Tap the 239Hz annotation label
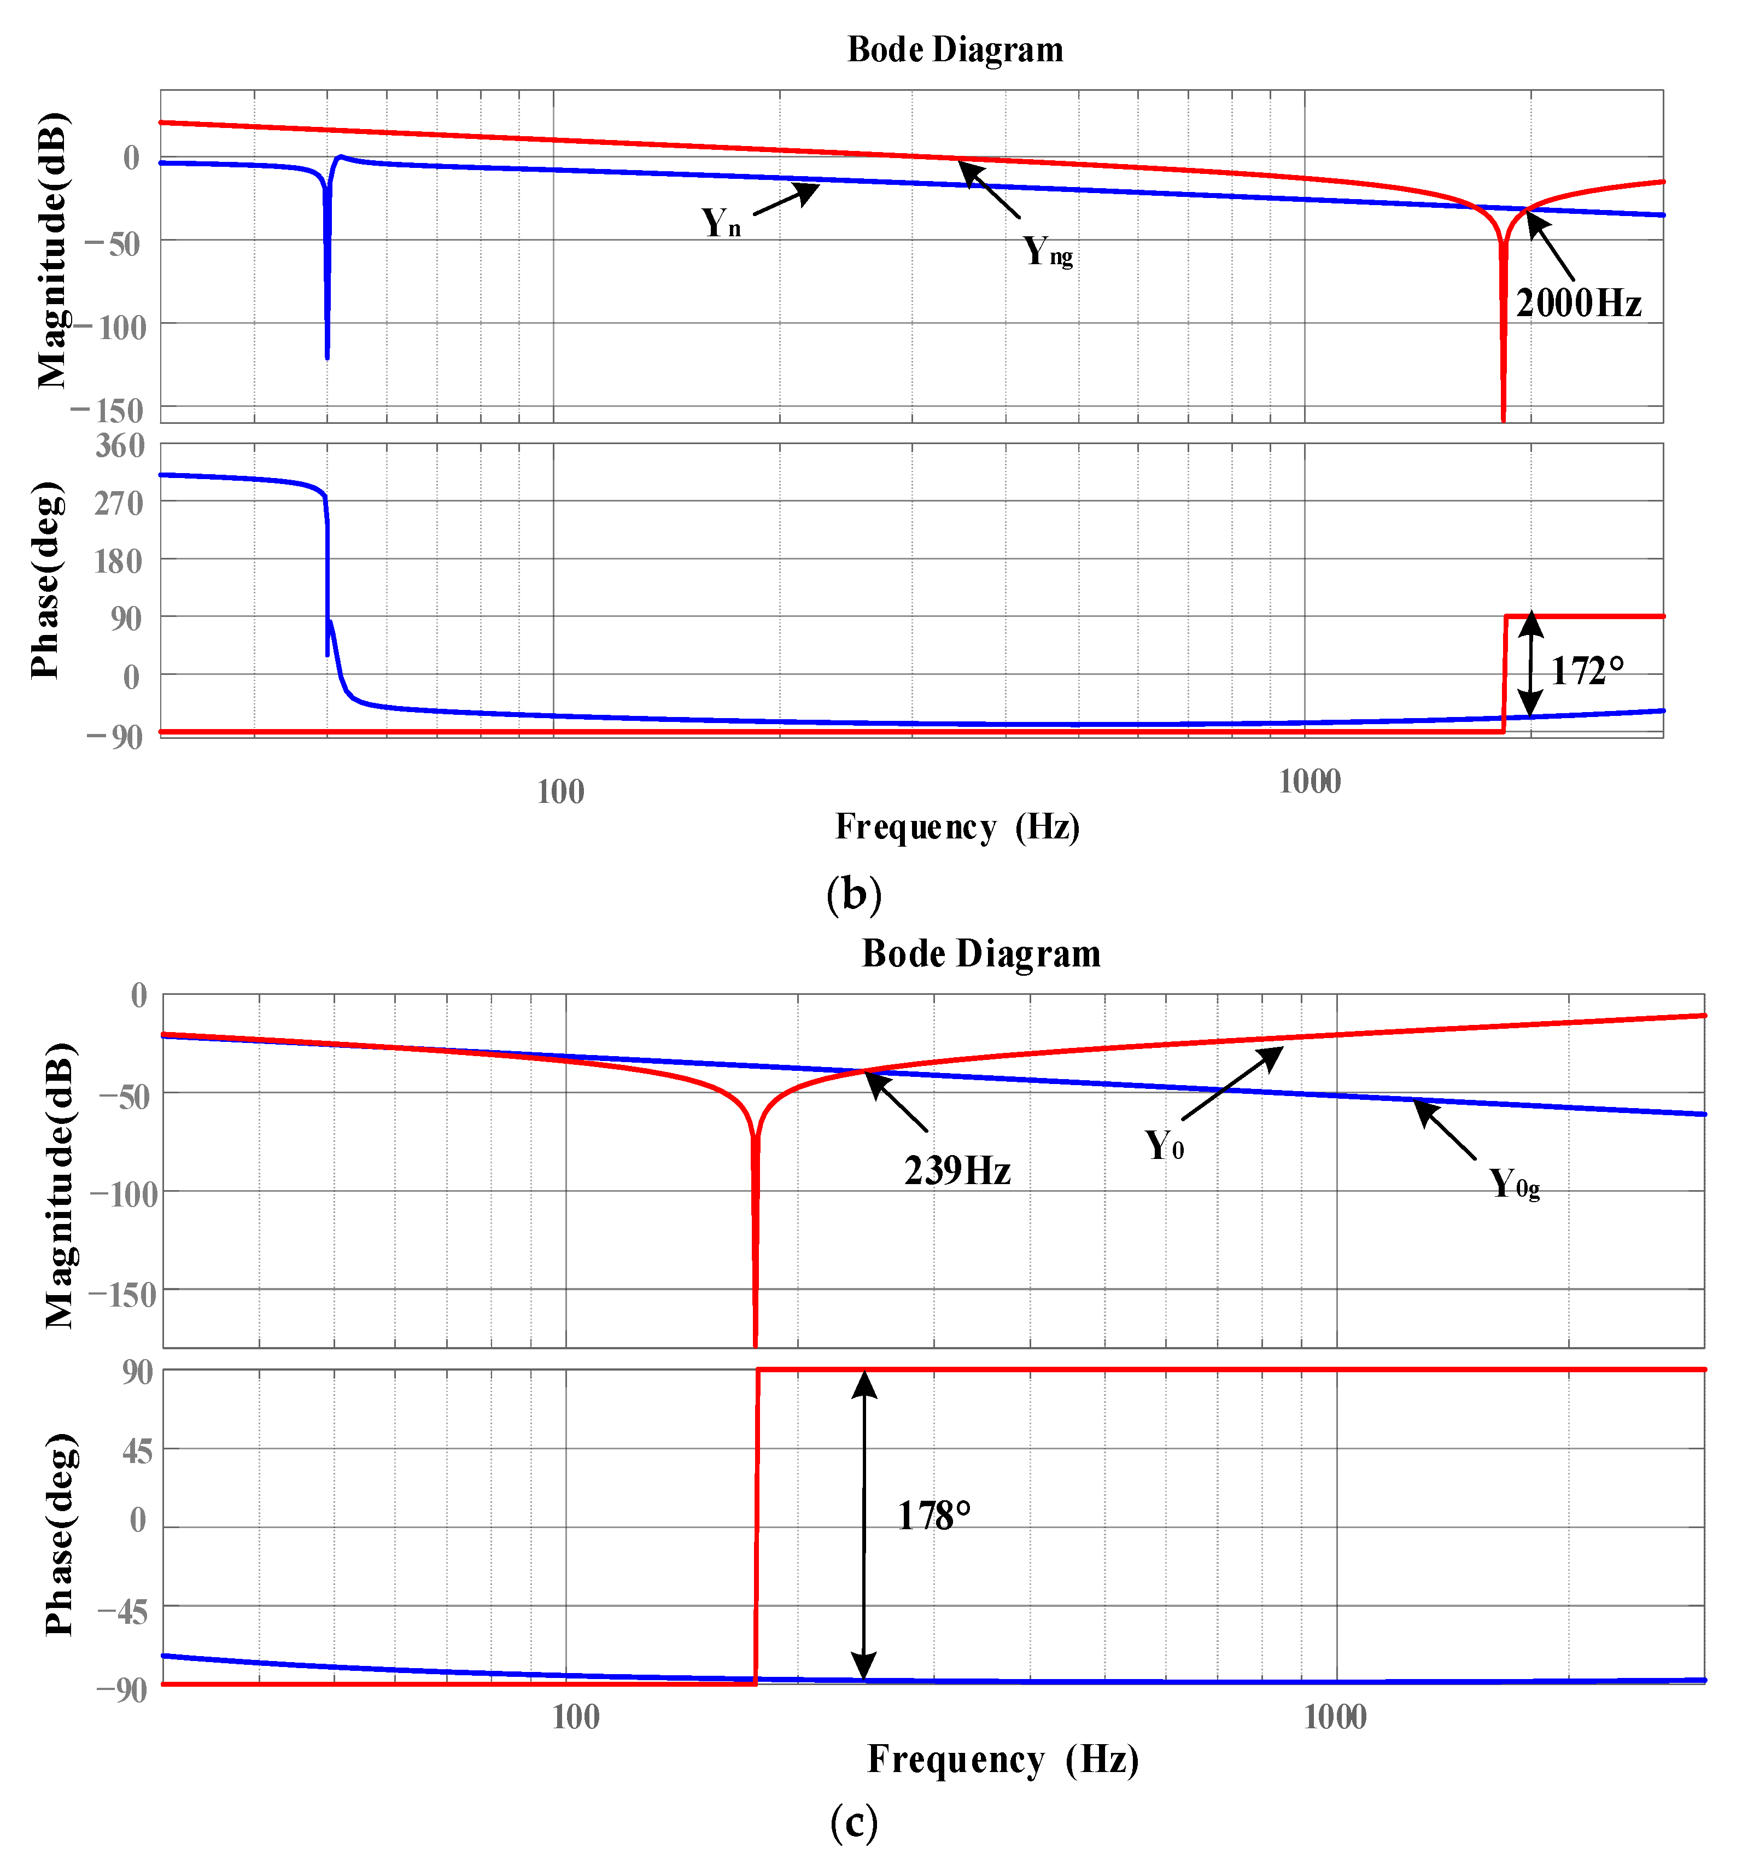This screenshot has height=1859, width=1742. [x=956, y=1171]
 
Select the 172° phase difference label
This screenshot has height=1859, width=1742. [x=1587, y=671]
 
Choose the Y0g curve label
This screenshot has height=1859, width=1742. [x=1513, y=1185]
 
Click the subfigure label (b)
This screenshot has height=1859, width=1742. [x=853, y=894]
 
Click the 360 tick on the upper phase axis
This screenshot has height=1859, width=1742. [x=120, y=446]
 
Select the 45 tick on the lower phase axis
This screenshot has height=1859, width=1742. [x=137, y=1452]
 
